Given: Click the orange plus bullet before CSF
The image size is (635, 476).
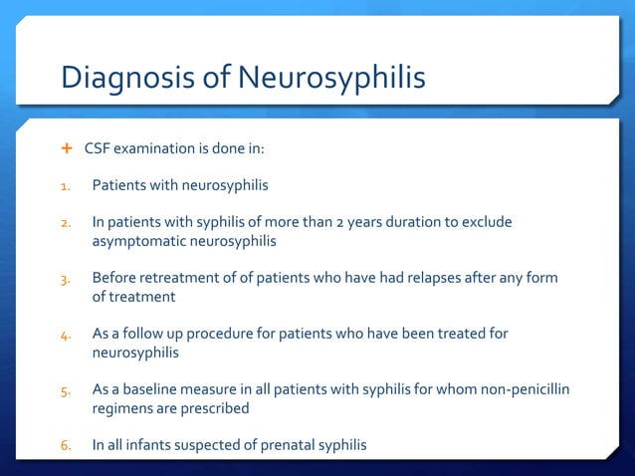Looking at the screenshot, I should (x=68, y=148).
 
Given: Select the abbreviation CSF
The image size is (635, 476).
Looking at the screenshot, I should (x=97, y=149).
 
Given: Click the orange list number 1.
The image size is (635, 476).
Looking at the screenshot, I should (x=65, y=185).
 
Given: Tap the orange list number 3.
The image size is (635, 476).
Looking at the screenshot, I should (x=65, y=278).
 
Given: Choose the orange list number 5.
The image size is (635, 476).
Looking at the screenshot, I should (x=65, y=389).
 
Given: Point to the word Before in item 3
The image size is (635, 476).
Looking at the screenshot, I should (x=116, y=278).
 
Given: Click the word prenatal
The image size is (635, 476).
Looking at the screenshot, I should (x=282, y=445).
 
